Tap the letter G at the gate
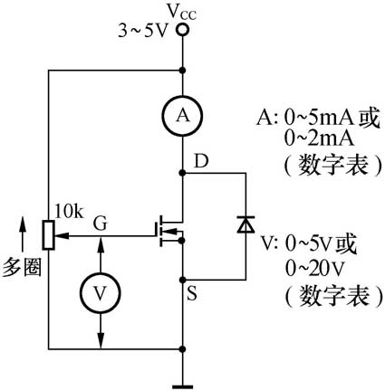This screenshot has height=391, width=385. (101, 220)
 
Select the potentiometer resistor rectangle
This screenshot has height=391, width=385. (48, 234)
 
